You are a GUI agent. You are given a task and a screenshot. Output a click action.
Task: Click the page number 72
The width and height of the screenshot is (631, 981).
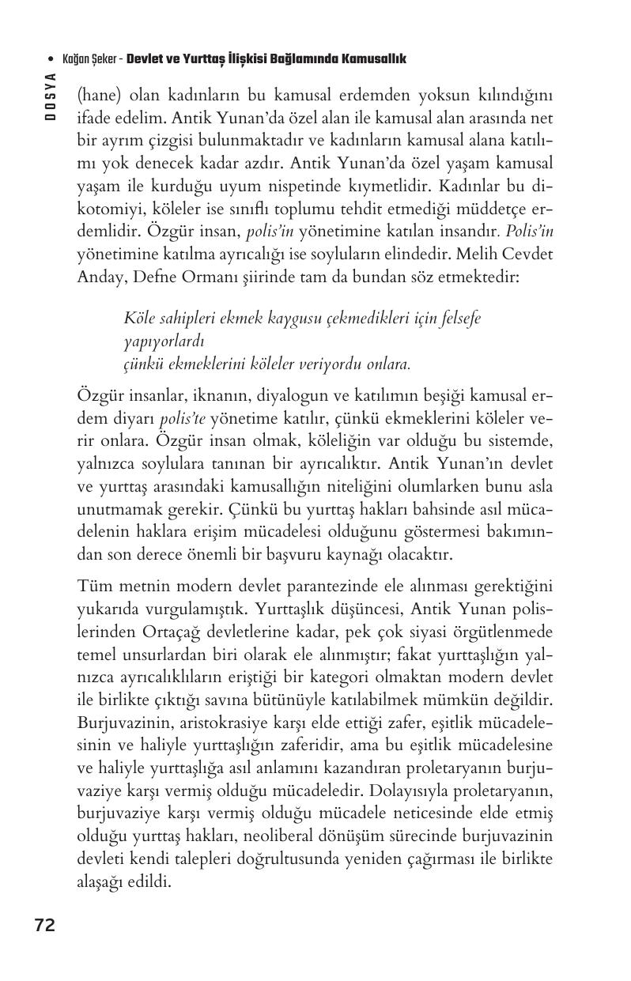[x=45, y=926]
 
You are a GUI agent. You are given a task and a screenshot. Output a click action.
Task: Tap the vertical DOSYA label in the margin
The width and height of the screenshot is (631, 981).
[x=51, y=96]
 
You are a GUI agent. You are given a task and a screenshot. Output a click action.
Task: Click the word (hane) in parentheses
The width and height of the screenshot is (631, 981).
[x=98, y=96]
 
